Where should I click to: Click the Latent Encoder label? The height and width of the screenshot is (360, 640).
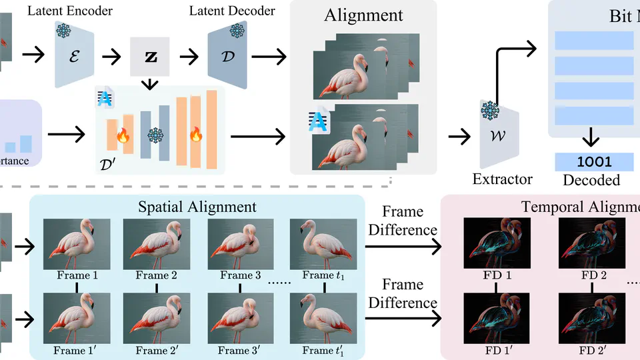click(70, 11)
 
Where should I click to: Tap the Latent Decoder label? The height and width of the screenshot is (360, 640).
click(231, 11)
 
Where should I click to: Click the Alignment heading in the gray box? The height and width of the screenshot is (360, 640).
click(363, 16)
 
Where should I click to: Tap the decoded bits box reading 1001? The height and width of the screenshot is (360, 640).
click(593, 161)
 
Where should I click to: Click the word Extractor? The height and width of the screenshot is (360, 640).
click(502, 179)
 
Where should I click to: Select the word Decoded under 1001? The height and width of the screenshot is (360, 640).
click(591, 180)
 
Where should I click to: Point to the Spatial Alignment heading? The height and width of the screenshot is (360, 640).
click(197, 207)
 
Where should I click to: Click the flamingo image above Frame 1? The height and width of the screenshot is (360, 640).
click(77, 244)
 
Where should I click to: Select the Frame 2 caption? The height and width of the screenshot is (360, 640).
click(156, 275)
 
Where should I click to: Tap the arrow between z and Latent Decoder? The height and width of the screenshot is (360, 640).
click(189, 56)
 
